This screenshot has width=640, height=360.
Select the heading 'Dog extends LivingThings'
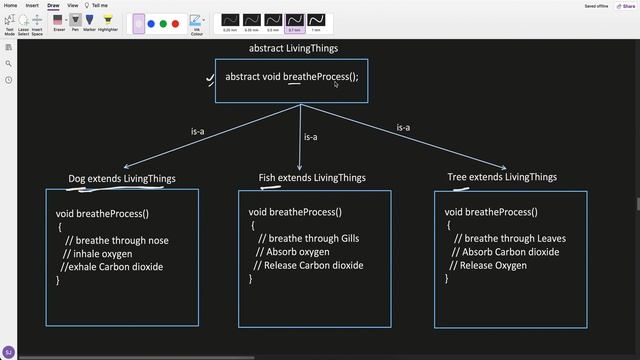coord(121,179)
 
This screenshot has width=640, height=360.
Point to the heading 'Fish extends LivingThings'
coord(312,178)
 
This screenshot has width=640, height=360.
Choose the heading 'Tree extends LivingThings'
coord(502,177)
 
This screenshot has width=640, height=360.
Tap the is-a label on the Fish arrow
coord(310,137)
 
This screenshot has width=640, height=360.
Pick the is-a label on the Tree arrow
coord(404,128)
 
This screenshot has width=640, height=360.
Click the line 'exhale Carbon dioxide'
coord(112,267)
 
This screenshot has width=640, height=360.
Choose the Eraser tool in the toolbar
coord(59,20)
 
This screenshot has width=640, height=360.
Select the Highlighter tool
coord(108,20)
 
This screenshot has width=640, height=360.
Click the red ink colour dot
coord(175,23)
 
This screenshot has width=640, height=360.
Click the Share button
coord(626,5)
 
